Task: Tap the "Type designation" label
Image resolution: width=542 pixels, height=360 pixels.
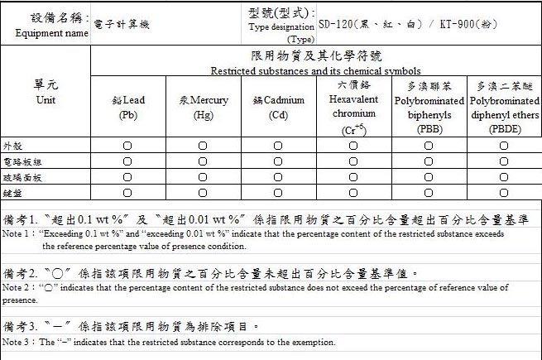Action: [281, 27]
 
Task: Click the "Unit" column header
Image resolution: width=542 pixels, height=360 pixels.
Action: [46, 100]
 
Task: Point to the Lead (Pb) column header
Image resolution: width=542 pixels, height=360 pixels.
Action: [128, 108]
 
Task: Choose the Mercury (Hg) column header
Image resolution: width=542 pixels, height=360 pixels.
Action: [203, 108]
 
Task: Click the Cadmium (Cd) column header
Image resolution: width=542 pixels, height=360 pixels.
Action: [278, 108]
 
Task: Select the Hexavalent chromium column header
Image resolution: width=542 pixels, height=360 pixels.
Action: [353, 107]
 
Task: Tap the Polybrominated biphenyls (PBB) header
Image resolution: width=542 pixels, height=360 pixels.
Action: [429, 107]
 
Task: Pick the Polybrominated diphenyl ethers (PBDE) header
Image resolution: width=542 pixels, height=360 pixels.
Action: [503, 107]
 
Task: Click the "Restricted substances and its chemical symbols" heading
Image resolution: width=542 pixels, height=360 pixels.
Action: [315, 71]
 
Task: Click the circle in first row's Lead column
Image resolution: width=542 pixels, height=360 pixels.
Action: [128, 146]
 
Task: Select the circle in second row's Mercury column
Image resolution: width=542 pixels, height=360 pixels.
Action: [203, 161]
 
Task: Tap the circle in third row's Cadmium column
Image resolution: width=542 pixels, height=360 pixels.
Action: [278, 177]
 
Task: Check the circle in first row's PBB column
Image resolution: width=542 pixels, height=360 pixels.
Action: [429, 146]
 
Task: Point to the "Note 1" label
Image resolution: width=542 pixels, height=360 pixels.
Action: [17, 234]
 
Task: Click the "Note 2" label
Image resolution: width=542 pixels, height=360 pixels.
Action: [17, 287]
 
